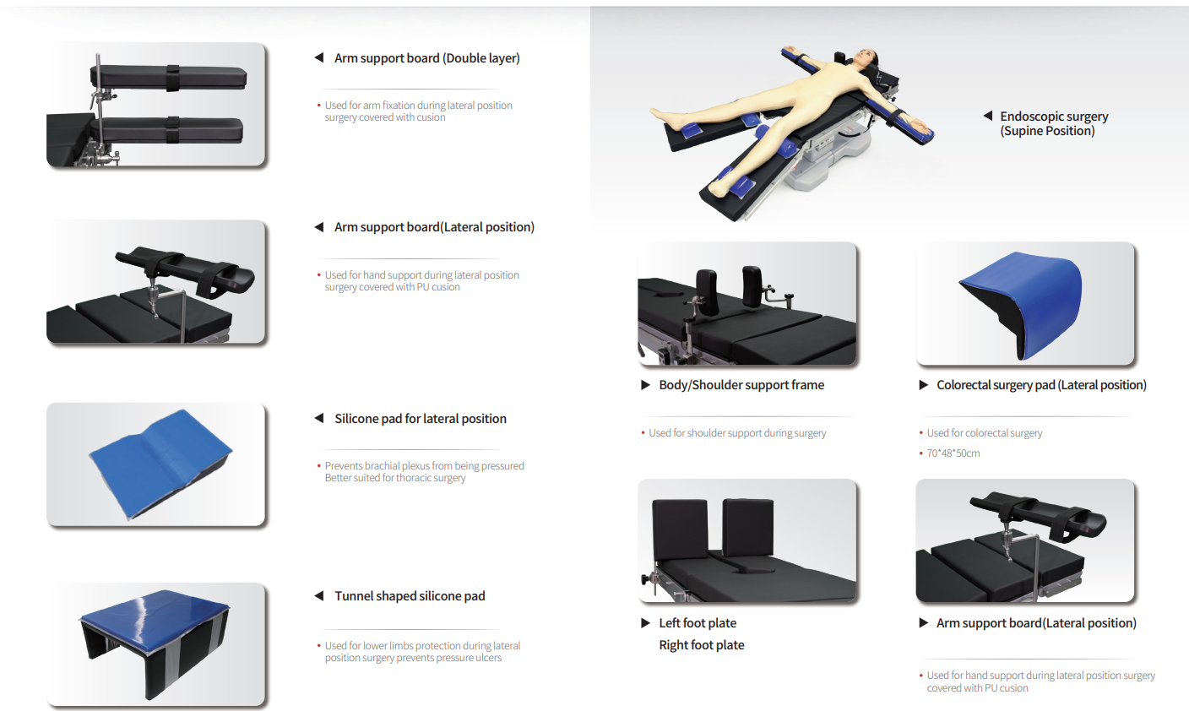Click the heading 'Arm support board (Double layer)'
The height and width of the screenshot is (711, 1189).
tap(426, 57)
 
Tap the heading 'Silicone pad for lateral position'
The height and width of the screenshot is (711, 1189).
tap(421, 419)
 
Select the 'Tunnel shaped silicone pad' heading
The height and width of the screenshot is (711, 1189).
tap(410, 596)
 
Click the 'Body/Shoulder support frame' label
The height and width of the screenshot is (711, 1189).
tap(741, 385)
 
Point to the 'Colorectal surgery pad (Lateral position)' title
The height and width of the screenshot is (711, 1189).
tap(1041, 385)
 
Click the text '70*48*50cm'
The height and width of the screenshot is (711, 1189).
tap(953, 453)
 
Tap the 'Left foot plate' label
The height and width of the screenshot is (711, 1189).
tap(698, 623)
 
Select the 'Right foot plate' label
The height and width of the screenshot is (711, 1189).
tap(701, 645)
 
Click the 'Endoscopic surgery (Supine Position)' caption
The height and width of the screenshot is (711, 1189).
tap(1054, 123)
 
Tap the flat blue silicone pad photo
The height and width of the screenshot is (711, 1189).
tap(160, 463)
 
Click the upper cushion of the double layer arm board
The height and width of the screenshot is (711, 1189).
tap(170, 78)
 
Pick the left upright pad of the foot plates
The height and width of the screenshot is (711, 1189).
tap(680, 529)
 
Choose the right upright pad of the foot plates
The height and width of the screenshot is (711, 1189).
tap(748, 527)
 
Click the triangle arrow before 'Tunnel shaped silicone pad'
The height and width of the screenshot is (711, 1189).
tap(319, 596)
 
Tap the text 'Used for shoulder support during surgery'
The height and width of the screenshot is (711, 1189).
tap(737, 433)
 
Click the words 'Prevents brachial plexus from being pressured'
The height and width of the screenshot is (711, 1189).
tap(424, 466)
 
